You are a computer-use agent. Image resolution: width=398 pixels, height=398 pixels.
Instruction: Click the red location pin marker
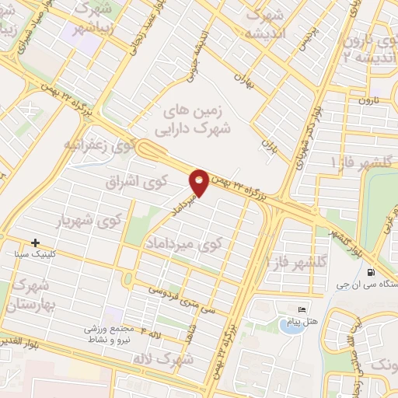[199, 182]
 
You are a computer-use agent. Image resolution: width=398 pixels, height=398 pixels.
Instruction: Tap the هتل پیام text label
[311, 321]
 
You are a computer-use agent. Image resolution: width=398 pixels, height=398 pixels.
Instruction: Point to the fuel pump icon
[370, 272]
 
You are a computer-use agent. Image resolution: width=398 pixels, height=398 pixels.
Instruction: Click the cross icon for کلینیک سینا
[36, 243]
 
